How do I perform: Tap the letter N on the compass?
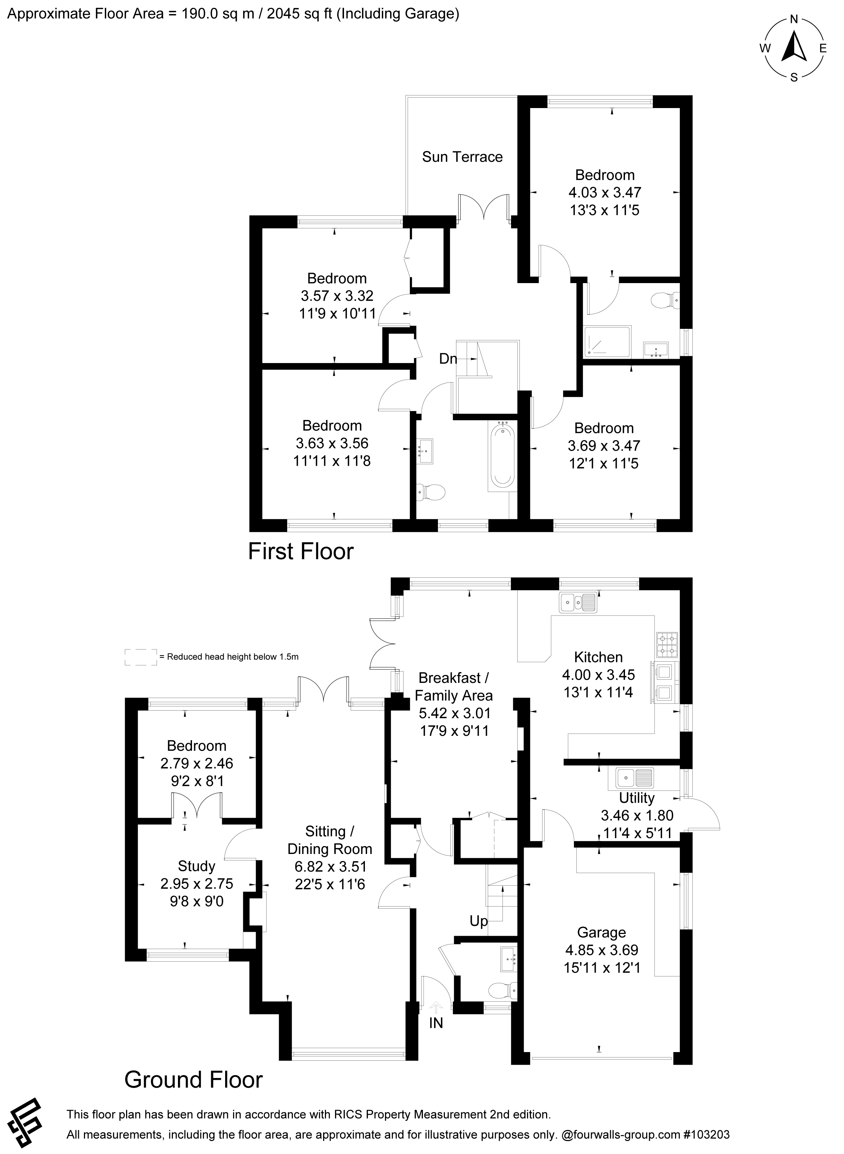point(794,19)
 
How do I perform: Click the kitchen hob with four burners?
point(667,644)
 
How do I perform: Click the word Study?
point(196,866)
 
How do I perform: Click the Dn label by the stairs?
point(448,359)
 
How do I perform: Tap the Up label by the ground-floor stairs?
point(479,921)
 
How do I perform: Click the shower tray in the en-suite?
point(607,341)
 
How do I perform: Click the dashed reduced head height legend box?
point(141,657)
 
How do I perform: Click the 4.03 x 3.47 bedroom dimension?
point(604,193)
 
